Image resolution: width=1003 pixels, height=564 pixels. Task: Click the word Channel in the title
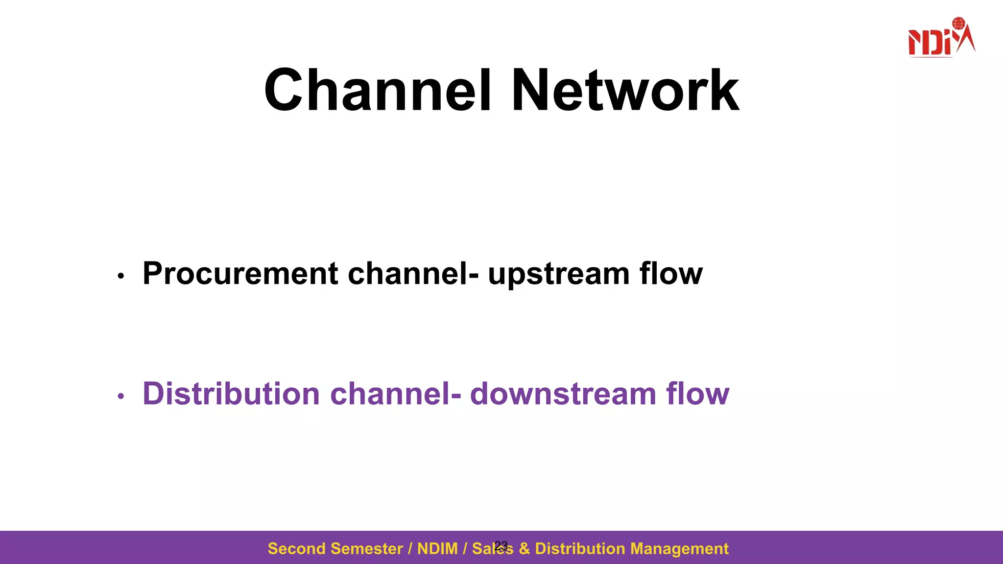(377, 91)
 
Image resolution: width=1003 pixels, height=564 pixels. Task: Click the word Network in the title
(625, 91)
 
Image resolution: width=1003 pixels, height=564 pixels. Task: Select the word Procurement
(240, 274)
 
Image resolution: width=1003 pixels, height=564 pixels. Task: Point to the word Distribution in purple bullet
(231, 394)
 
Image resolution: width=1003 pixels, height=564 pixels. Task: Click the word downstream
(563, 394)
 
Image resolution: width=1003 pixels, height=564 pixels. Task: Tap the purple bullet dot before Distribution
(121, 397)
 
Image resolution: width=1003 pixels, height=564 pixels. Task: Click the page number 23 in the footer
(501, 545)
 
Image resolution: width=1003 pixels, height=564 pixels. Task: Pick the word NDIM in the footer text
(437, 549)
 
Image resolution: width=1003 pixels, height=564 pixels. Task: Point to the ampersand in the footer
(524, 549)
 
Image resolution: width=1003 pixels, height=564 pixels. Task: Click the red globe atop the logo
(958, 23)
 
